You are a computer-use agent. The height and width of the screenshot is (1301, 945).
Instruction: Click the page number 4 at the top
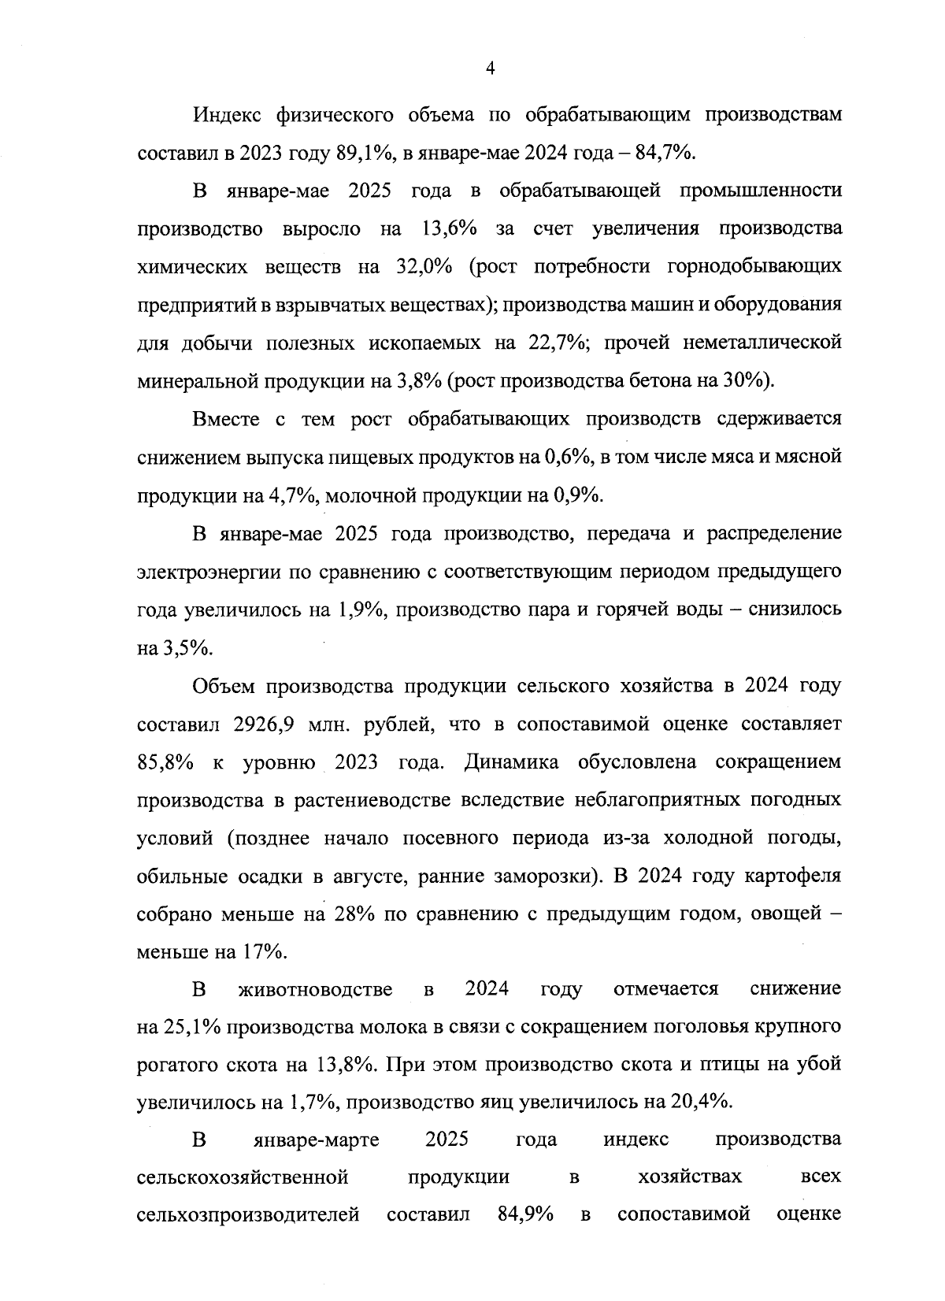[490, 69]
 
